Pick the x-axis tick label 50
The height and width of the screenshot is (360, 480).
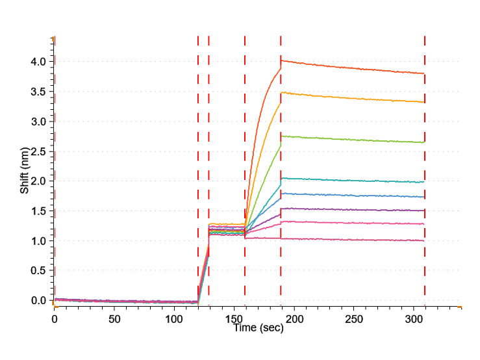114,320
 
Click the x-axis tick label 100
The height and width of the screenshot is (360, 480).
174,320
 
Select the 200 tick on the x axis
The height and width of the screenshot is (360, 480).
294,320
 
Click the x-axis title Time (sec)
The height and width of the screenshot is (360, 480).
259,329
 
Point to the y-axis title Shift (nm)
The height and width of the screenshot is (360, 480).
25,171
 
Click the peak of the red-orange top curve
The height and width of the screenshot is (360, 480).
281,60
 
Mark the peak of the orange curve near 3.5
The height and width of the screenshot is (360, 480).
281,92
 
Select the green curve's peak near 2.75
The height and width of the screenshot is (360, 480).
281,136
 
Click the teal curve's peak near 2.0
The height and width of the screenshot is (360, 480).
282,178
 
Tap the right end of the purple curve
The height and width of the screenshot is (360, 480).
424,211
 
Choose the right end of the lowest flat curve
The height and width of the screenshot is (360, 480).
424,240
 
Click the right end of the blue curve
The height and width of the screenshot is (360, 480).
424,197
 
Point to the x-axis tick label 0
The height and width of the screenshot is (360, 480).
55,320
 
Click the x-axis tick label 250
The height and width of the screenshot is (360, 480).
354,320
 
